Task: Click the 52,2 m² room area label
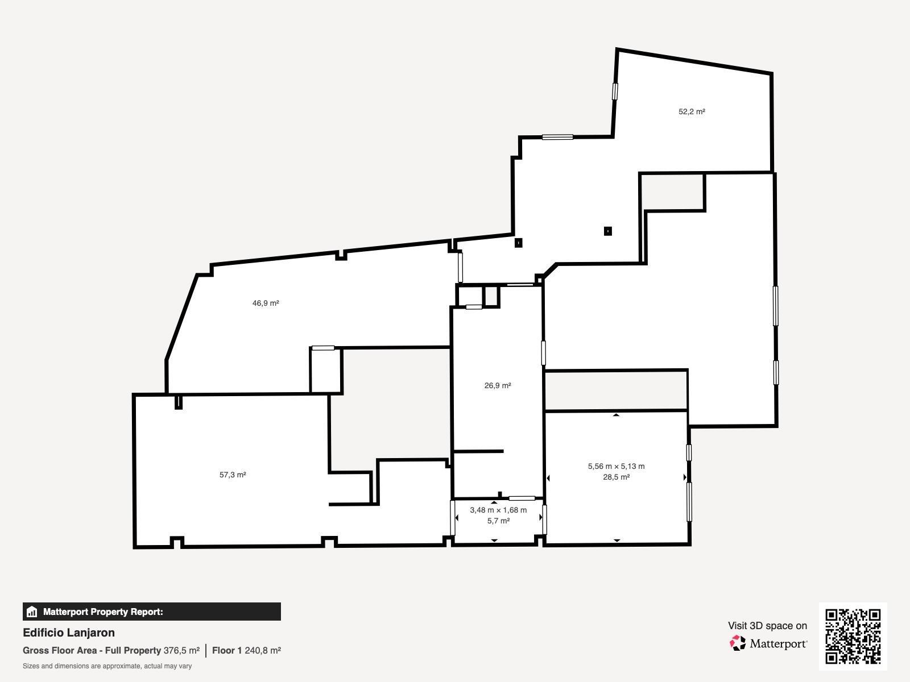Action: (x=692, y=111)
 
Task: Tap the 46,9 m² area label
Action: (x=266, y=303)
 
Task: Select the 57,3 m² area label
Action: (x=233, y=475)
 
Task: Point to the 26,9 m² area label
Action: (x=498, y=385)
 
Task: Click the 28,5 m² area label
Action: (x=616, y=477)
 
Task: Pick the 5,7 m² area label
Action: (x=498, y=521)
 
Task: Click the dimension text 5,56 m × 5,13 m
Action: (x=616, y=466)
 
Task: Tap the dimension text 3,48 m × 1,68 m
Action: (x=498, y=510)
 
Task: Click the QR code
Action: (x=853, y=637)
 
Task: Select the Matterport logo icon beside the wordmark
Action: (x=737, y=643)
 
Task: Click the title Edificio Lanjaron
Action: (x=69, y=633)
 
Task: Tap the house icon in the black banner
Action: (x=32, y=612)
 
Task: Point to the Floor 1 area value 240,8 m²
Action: (x=263, y=651)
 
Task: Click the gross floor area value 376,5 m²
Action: (x=181, y=651)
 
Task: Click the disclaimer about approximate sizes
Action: (x=107, y=666)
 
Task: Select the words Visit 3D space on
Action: (x=767, y=626)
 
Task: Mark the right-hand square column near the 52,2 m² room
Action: (x=608, y=231)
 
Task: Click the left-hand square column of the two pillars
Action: (x=518, y=243)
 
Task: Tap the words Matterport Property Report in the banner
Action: (x=104, y=612)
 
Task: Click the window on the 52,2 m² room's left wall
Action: (x=615, y=92)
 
